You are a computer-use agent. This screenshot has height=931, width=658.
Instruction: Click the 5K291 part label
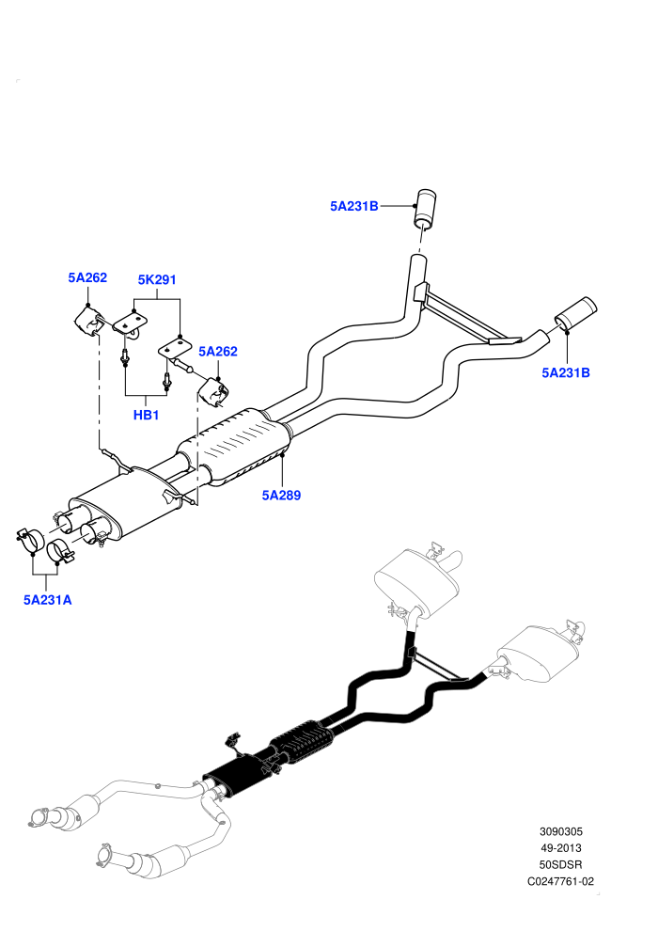[157, 279]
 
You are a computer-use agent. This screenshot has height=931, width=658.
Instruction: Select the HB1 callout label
[146, 415]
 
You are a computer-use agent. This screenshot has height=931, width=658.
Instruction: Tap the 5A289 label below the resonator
[281, 496]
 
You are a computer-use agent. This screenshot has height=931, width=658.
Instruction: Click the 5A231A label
[47, 600]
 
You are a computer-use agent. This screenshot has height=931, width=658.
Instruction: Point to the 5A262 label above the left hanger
[87, 277]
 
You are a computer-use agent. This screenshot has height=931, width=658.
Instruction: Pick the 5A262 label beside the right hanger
[218, 352]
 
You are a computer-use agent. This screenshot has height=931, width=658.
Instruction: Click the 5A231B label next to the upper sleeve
[354, 207]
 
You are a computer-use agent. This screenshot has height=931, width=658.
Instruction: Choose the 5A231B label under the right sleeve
[566, 373]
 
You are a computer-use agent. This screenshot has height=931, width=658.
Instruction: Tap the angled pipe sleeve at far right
[575, 313]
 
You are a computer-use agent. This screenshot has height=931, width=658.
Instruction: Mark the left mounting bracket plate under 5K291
[131, 324]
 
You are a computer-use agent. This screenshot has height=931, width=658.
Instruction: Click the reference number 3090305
[560, 832]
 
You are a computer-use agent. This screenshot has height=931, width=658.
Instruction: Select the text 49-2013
[560, 848]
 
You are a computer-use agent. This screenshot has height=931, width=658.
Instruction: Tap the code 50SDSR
[560, 865]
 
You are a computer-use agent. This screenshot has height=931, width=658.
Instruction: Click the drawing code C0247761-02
[560, 882]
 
